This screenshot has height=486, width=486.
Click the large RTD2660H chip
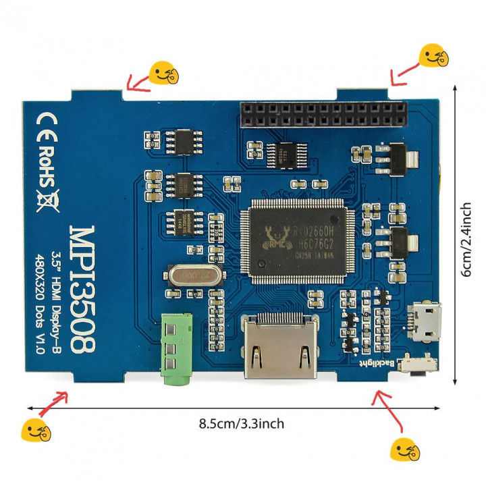(x=298, y=241)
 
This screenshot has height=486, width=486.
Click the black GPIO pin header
(x=323, y=116)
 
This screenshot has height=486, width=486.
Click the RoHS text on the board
(x=48, y=165)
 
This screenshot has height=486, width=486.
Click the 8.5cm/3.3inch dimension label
(x=242, y=424)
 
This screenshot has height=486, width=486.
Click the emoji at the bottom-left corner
(x=35, y=430)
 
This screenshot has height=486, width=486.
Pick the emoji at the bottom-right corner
(x=406, y=450)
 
